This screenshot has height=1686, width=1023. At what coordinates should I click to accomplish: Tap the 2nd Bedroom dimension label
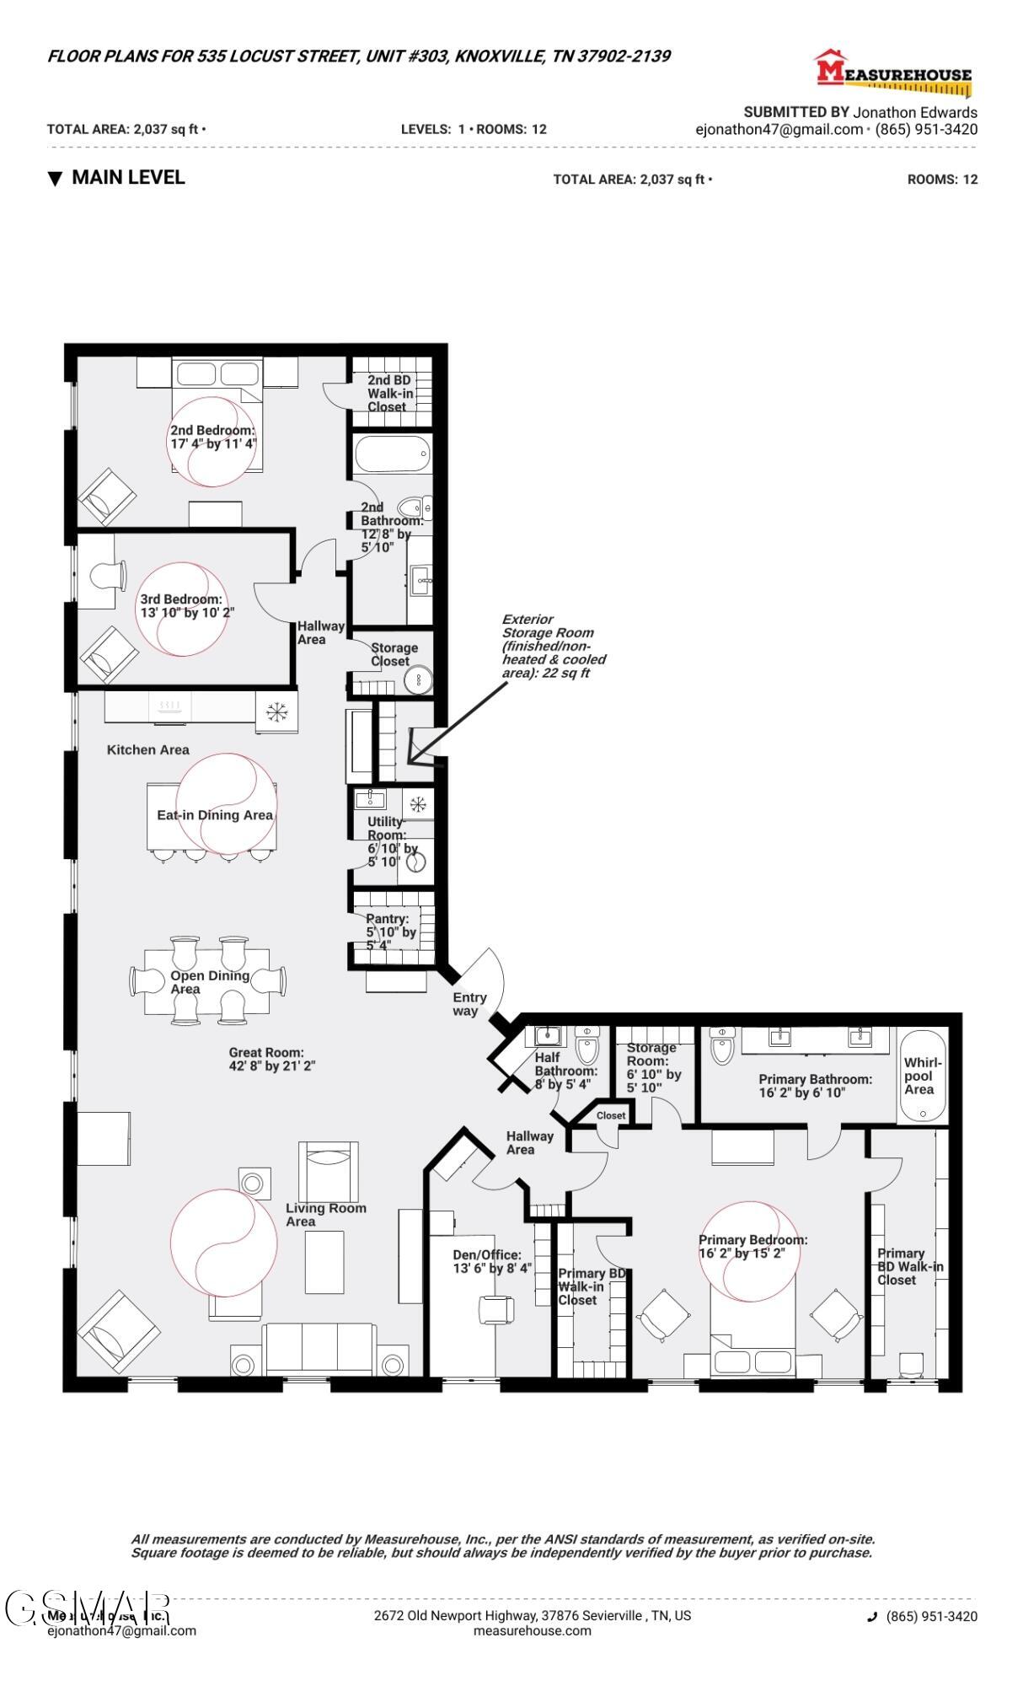213,437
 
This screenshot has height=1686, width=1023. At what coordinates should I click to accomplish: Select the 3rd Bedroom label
186,605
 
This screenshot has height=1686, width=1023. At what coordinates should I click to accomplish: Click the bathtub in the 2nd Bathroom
392,456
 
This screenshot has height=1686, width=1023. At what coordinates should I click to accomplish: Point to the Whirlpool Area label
922,1076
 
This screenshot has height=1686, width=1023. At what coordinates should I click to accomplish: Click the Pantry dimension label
391,932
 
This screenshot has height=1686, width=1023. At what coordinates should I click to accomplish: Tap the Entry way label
469,1004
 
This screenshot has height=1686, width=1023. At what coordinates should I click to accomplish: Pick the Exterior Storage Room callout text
554,646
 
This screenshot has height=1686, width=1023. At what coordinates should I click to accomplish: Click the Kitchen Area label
148,749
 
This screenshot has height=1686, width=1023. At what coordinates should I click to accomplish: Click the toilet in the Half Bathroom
587,1048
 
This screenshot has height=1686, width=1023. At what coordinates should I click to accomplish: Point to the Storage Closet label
394,654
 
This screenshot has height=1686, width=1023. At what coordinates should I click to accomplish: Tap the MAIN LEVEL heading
127,178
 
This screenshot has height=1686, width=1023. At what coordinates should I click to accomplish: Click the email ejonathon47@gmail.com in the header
779,130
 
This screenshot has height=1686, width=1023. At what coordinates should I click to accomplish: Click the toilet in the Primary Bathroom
723,1047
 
